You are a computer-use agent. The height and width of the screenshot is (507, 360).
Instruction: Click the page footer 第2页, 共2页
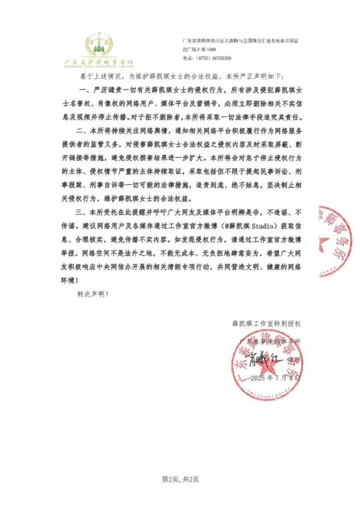pos(180,478)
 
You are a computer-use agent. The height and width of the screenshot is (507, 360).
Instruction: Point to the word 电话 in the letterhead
pos(187,58)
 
